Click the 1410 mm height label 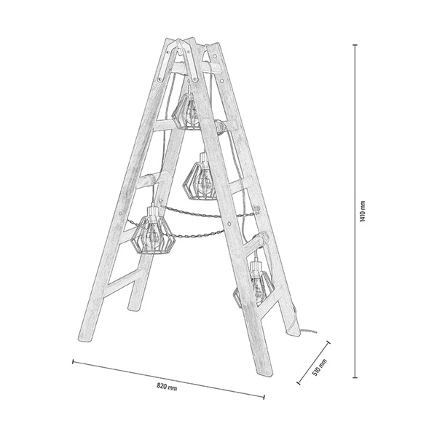click(362, 211)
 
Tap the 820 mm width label click(167, 387)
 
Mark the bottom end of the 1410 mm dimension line click(355, 377)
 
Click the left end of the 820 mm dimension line click(73, 360)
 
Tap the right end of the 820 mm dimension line click(264, 396)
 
